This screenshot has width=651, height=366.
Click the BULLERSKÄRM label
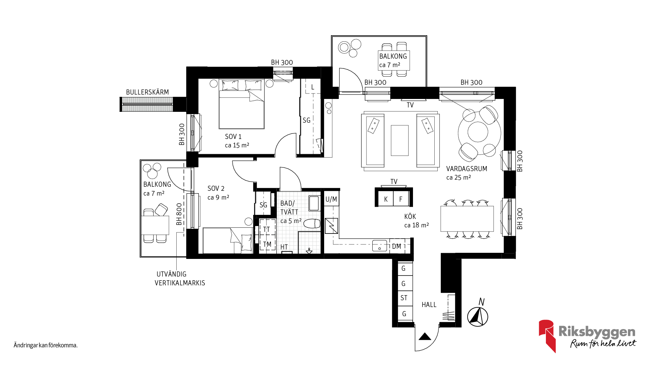(147, 92)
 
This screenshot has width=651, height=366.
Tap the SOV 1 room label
(233, 137)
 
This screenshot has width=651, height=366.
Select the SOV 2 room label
(216, 188)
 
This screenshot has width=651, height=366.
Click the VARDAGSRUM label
(467, 169)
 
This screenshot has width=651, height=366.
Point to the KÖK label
(410, 217)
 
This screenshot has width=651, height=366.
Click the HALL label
(429, 305)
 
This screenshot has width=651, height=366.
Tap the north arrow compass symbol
(478, 317)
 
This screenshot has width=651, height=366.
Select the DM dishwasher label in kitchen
(396, 246)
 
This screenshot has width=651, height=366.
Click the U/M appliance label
(331, 199)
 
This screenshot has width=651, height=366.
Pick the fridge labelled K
(386, 199)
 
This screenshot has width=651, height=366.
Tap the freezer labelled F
(401, 199)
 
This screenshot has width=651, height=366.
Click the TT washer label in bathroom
(267, 229)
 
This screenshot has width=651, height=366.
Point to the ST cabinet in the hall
(404, 298)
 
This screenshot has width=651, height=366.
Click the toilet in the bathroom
(312, 224)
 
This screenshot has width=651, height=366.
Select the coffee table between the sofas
(400, 140)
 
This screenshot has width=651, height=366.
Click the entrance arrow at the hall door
(425, 337)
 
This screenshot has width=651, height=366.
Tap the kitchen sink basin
(379, 246)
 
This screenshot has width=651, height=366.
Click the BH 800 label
(179, 214)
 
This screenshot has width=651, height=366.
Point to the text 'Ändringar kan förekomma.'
(46, 345)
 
